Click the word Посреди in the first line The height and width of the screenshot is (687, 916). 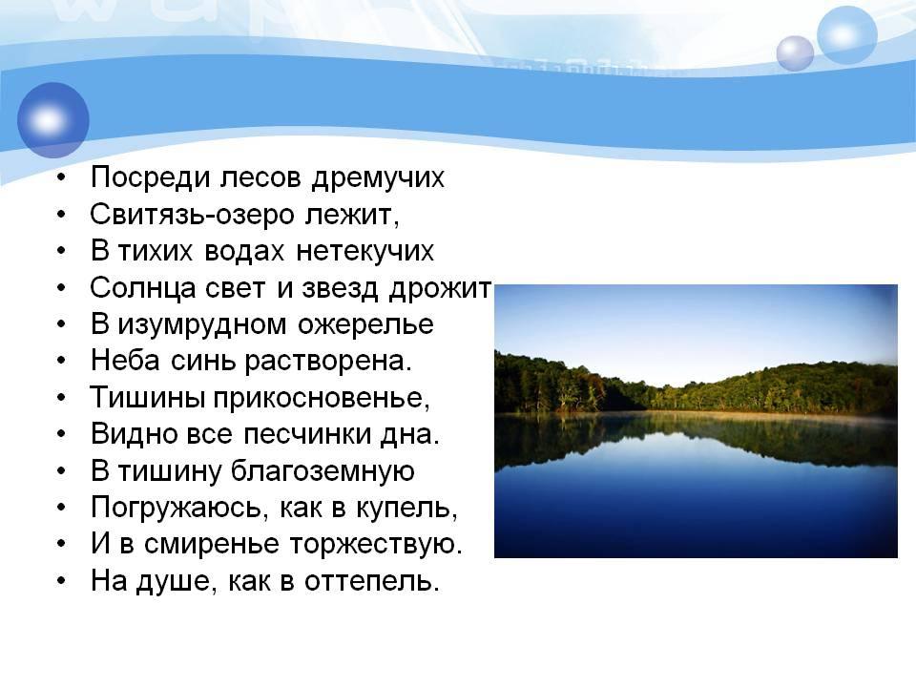pos(150,177)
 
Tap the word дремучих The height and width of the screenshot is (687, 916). pos(378,178)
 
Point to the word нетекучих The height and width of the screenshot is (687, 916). pos(365,251)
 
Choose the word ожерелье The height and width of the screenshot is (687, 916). pos(365,325)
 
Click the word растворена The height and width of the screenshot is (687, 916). pos(327,362)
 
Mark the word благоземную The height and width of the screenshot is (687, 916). pos(323,471)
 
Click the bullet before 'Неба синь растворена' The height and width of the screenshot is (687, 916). pos(62,362)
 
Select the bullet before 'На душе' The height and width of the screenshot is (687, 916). pos(62,582)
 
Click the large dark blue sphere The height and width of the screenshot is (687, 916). pos(53,120)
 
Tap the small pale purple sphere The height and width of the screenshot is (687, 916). pos(795,53)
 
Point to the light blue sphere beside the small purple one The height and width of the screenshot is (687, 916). pos(847,35)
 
